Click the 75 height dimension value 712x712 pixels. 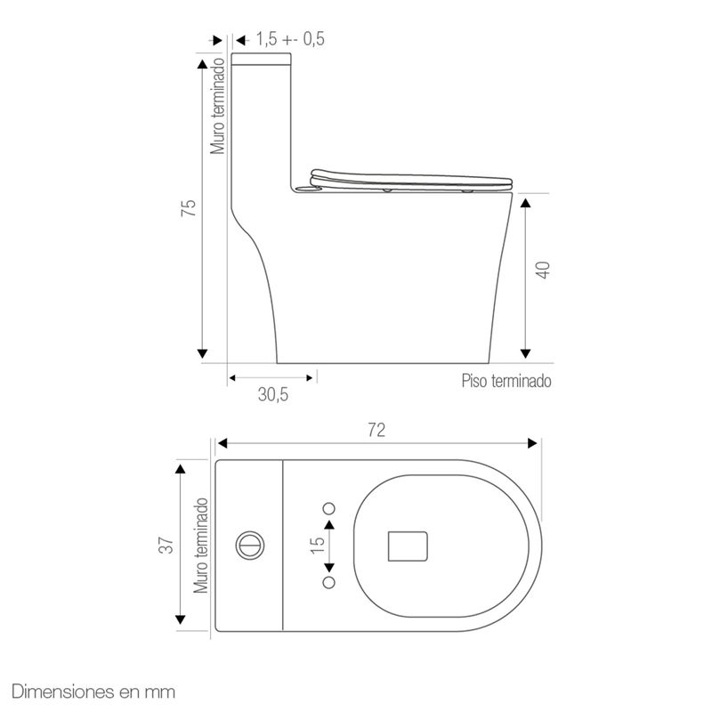[189, 208]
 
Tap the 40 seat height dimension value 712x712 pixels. [543, 270]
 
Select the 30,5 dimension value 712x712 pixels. [273, 394]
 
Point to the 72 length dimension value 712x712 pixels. [376, 430]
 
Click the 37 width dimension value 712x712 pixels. [166, 545]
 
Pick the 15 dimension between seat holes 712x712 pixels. [318, 545]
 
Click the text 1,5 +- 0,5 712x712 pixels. [290, 39]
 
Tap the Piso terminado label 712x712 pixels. [506, 381]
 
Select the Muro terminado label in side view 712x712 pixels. [217, 106]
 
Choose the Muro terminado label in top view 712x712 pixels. [201, 546]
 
